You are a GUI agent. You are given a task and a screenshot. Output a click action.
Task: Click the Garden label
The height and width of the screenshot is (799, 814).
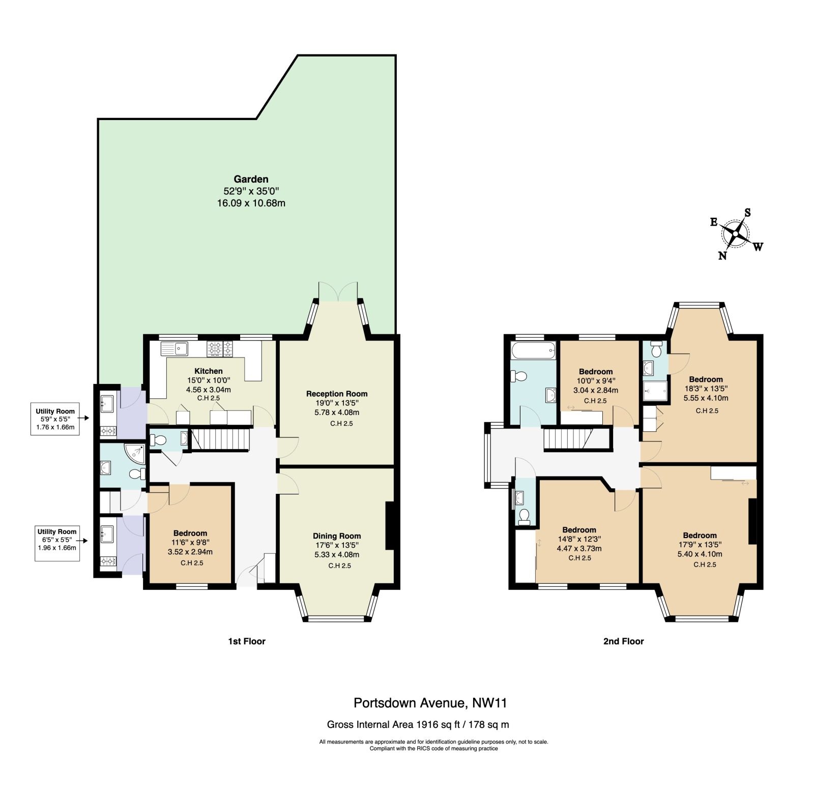pyautogui.click(x=251, y=179)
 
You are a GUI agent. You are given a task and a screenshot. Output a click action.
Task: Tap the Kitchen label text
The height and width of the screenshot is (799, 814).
pyautogui.click(x=209, y=371)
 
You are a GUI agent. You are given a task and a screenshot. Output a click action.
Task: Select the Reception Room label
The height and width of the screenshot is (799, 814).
pyautogui.click(x=337, y=394)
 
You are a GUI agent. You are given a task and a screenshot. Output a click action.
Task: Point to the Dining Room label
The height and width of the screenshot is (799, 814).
pyautogui.click(x=337, y=536)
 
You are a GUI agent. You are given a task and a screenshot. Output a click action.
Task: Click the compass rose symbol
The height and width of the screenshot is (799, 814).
pyautogui.click(x=736, y=233)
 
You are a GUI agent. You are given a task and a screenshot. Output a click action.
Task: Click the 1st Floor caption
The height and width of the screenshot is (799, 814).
pyautogui.click(x=247, y=641)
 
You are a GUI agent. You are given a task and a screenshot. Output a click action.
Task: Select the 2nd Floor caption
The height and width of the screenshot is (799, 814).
pyautogui.click(x=624, y=641)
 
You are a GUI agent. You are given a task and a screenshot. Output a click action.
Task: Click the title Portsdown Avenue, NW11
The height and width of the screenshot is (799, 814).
pyautogui.click(x=430, y=703)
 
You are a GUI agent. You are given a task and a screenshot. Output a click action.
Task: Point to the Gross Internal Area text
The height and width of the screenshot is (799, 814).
pyautogui.click(x=418, y=724)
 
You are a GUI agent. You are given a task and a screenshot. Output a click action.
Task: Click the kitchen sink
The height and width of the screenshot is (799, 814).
pyautogui.click(x=175, y=349)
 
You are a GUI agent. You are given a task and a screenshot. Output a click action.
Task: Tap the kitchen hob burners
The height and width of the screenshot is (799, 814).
pyautogui.click(x=220, y=349)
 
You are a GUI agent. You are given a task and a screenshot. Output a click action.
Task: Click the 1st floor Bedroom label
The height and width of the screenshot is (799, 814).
pyautogui.click(x=190, y=533)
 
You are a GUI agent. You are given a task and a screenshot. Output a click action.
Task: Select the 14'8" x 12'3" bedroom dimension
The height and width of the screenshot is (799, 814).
pyautogui.click(x=579, y=540)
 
